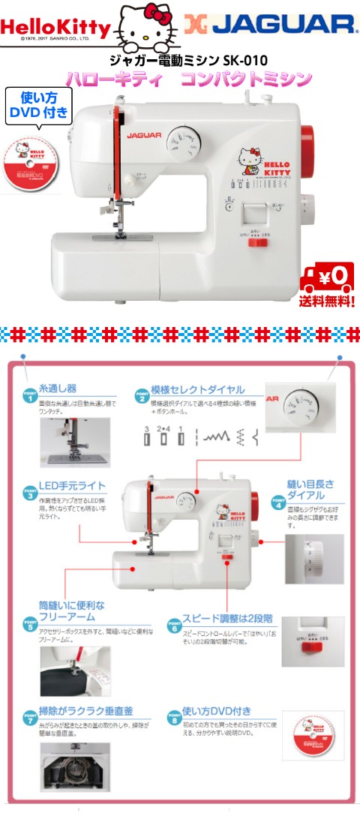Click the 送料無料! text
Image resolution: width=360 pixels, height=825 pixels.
tap(327, 301)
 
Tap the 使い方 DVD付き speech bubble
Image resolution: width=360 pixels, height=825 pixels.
tap(38, 104)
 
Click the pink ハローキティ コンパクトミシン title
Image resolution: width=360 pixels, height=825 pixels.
tap(188, 79)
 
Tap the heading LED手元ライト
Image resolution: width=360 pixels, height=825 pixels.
tap(72, 485)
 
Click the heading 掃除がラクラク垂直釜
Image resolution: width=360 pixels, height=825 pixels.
tap(82, 709)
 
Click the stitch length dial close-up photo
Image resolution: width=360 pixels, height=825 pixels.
tap(314, 559)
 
